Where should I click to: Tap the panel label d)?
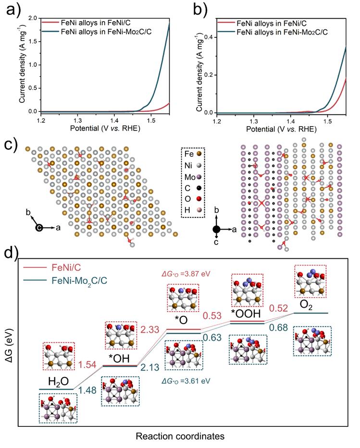pos(11,253)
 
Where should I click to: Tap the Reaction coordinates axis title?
pos(180,436)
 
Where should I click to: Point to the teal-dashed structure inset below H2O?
pos(58,407)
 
